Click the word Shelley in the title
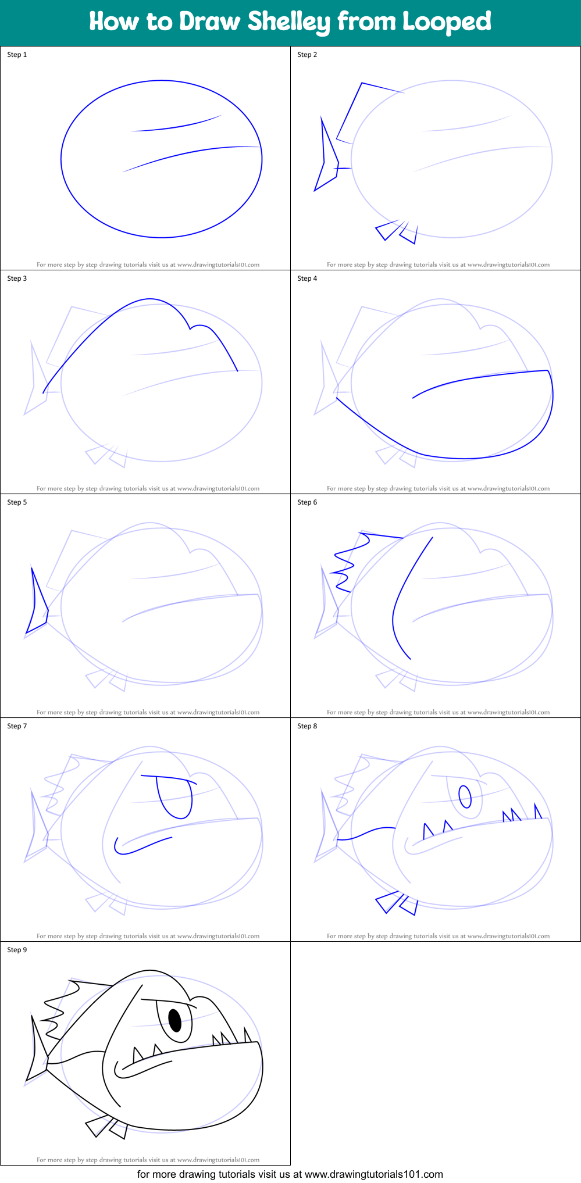[289, 22]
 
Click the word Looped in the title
[447, 22]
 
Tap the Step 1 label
[17, 55]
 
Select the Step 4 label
[307, 278]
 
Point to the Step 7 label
[17, 726]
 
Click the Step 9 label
[17, 950]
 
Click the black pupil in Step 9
[175, 1019]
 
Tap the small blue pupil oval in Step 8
[465, 797]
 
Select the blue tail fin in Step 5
[36, 605]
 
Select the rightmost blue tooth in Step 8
[537, 812]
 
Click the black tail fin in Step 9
[37, 1052]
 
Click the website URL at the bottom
[373, 1174]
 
